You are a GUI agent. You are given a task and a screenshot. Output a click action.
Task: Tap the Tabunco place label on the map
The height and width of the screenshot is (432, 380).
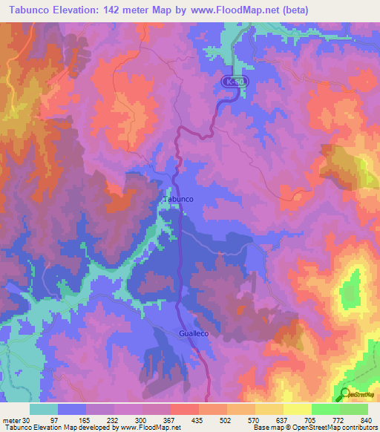point(178,200)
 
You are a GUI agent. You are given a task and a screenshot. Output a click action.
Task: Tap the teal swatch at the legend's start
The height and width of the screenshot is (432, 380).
point(44,409)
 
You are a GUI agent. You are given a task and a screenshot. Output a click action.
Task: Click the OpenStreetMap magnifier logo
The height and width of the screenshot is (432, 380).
point(346,395)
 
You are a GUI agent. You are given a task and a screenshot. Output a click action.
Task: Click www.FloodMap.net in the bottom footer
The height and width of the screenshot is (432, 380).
point(140,427)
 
